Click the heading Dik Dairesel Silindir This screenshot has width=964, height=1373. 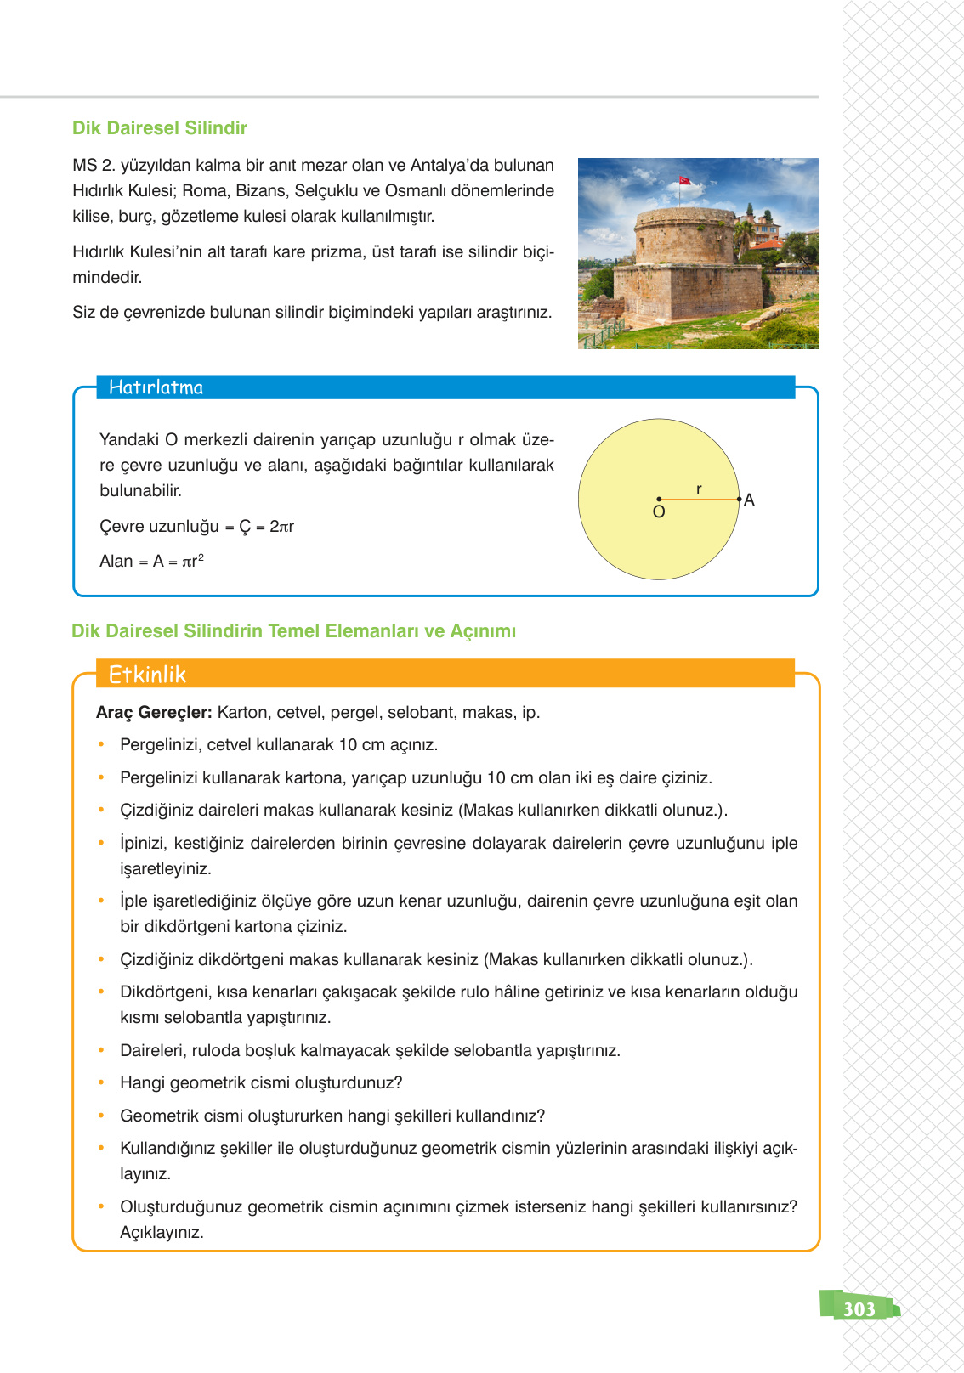(x=160, y=128)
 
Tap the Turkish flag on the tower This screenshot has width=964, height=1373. (x=684, y=181)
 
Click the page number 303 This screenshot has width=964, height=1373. (x=859, y=1309)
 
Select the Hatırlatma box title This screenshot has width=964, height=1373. (x=156, y=387)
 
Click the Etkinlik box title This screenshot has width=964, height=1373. (x=147, y=675)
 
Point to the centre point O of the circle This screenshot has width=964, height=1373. (x=659, y=500)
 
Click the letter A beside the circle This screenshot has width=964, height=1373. (x=749, y=500)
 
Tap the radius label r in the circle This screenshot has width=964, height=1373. (x=699, y=489)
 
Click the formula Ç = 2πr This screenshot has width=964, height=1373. (x=266, y=527)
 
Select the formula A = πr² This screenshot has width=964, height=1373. (x=178, y=562)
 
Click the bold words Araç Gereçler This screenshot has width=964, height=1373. (x=154, y=713)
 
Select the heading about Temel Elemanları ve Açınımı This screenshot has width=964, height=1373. (x=293, y=631)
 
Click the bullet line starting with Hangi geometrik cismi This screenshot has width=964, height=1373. (x=261, y=1083)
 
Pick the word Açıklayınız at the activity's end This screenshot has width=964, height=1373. (x=162, y=1233)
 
